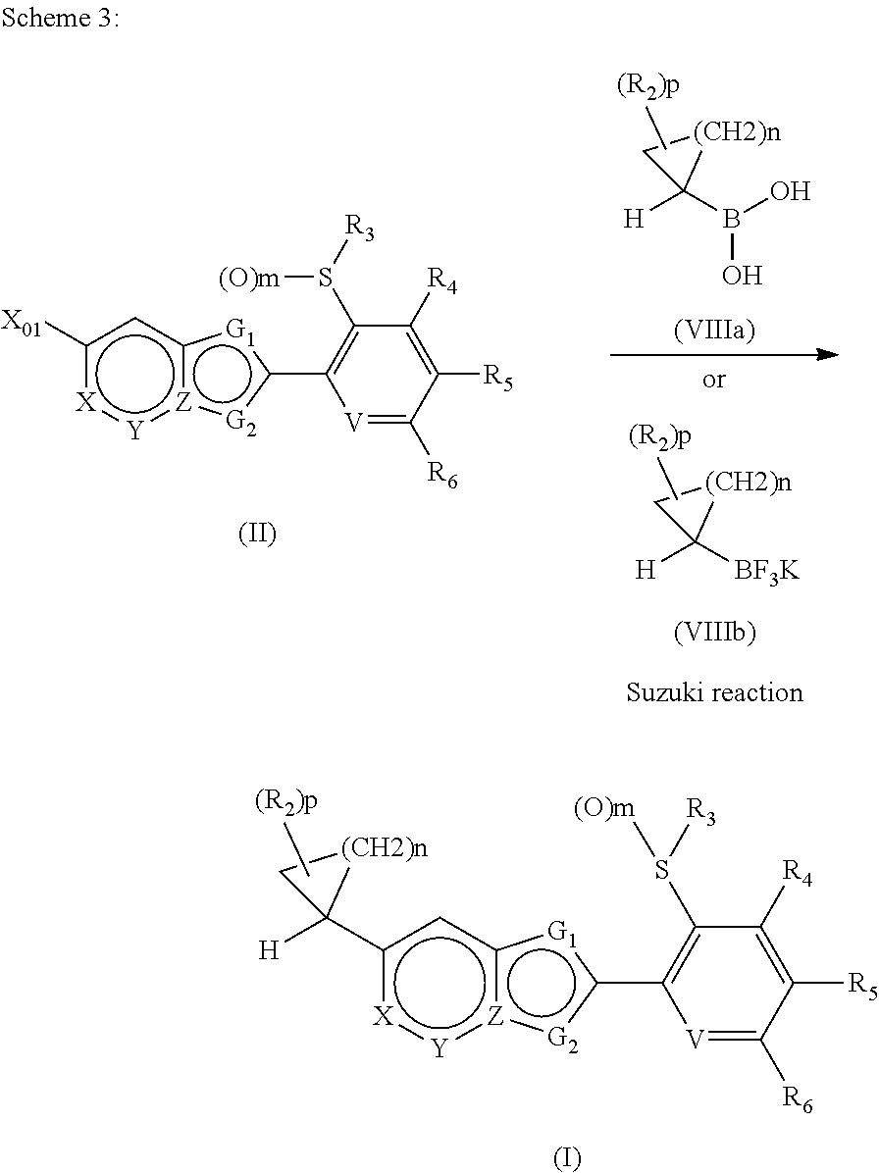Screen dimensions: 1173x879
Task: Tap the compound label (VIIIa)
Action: click(x=714, y=332)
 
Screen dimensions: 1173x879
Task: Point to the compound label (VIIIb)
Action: click(x=714, y=633)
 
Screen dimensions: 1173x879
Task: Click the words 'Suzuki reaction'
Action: click(x=714, y=692)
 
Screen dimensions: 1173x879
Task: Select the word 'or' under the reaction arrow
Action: click(x=714, y=379)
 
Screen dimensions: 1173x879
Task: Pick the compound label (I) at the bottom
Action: click(x=566, y=1158)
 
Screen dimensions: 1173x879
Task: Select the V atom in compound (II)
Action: click(x=354, y=424)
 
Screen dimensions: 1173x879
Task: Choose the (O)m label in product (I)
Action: click(x=605, y=809)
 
